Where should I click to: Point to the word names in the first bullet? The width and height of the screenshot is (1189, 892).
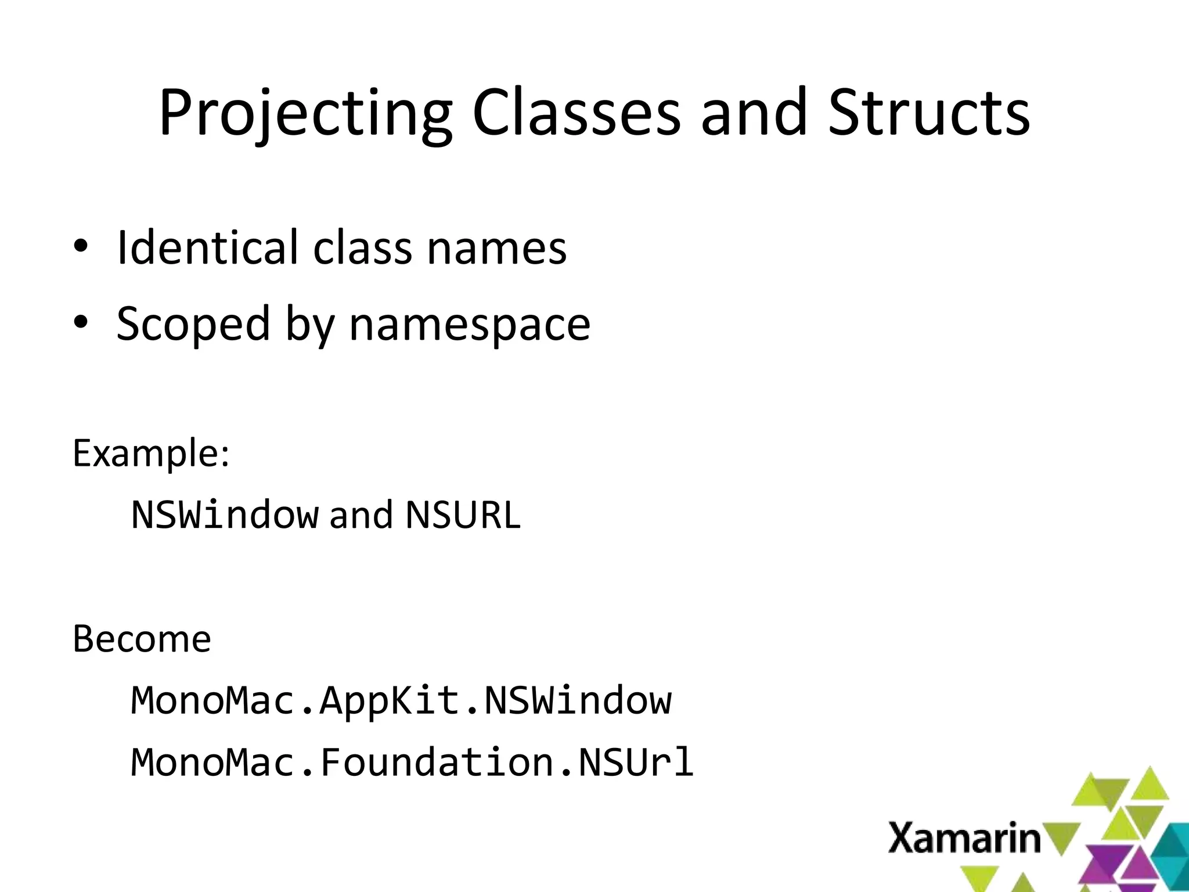tap(496, 249)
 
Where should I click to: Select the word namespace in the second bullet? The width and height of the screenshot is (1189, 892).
tap(470, 325)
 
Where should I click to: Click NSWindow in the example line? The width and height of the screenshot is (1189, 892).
tap(225, 515)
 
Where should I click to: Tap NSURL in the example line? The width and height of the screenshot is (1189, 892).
tap(463, 515)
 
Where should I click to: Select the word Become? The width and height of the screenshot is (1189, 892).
tap(142, 639)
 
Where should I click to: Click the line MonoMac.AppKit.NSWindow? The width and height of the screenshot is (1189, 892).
tap(401, 700)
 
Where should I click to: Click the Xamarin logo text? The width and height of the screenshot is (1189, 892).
tap(964, 838)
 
